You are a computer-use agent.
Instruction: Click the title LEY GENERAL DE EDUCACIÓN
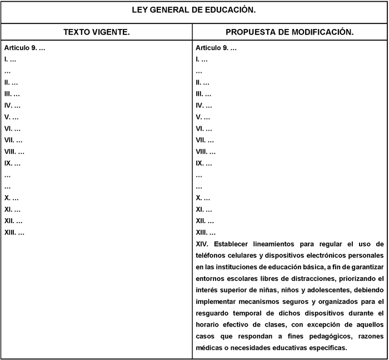[194, 10]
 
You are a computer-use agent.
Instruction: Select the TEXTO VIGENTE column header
[97, 32]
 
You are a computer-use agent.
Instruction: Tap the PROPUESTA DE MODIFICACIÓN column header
[290, 32]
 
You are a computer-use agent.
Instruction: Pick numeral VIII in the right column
[202, 151]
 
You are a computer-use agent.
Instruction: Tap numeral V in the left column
[7, 117]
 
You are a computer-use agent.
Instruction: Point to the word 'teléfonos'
[212, 255]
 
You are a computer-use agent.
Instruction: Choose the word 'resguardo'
[213, 313]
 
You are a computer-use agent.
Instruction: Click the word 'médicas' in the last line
[210, 348]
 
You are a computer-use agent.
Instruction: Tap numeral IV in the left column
[8, 105]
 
